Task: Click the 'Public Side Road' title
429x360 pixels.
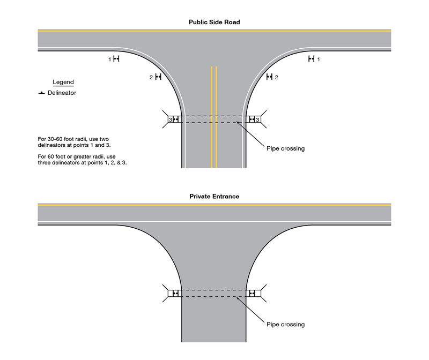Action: [214, 22]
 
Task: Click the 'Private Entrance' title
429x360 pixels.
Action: [214, 197]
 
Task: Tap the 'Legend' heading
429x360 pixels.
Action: [63, 82]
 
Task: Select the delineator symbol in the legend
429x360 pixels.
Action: [41, 93]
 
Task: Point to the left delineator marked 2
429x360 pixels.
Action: [158, 78]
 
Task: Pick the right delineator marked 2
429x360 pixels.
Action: [270, 78]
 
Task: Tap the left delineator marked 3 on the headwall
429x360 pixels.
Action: [176, 119]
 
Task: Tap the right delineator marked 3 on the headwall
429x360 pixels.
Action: [252, 119]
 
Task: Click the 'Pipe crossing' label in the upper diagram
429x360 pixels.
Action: [285, 148]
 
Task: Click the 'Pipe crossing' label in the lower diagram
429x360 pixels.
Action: [285, 324]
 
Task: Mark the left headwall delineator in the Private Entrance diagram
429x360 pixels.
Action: [175, 293]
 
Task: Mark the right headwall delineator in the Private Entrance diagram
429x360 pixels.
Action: [253, 293]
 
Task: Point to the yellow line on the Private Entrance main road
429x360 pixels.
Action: [214, 205]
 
